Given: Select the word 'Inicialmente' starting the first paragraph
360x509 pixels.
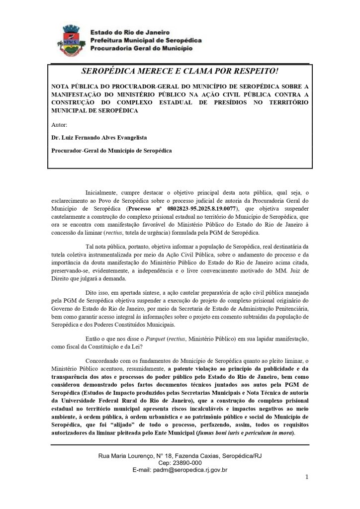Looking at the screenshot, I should [x=101, y=192].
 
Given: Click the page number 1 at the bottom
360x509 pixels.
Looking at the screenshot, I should [x=307, y=478].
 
